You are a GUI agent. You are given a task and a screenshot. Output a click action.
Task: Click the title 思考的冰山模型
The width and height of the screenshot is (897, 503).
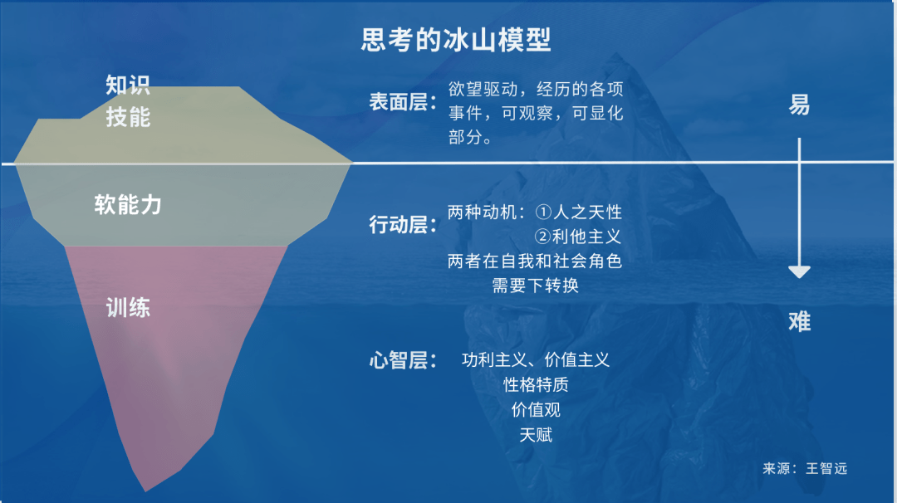[x=456, y=39]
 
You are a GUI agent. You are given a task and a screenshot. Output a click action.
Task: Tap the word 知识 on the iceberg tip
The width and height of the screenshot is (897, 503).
[x=128, y=85]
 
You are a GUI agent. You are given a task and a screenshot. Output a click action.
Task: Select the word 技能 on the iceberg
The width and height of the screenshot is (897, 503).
[x=128, y=117]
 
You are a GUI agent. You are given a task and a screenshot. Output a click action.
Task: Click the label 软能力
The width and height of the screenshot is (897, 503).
[x=128, y=204]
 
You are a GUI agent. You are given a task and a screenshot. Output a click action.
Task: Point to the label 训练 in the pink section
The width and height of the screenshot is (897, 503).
[x=128, y=308]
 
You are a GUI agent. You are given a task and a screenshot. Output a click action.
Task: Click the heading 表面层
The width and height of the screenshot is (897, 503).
[x=398, y=102]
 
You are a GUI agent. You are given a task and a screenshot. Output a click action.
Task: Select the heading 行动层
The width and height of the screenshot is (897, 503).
[x=398, y=224]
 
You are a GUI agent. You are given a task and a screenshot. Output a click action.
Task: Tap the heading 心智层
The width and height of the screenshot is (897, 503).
[x=398, y=360]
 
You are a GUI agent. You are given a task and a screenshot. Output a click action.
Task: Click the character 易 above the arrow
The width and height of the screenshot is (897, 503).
[x=799, y=105]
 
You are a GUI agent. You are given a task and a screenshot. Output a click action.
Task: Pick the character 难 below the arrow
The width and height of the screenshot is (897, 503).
[x=799, y=321]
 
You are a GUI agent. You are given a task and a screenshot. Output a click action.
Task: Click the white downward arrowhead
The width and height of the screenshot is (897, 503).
[x=799, y=271]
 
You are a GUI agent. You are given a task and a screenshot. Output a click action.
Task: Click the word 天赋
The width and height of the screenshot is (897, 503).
[x=536, y=434]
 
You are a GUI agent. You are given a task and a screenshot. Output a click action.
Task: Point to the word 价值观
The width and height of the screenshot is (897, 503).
[x=536, y=409]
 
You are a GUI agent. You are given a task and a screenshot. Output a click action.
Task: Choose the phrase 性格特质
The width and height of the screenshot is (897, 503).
[x=536, y=384]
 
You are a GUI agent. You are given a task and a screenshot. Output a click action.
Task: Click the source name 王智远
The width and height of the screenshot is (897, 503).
[x=826, y=468]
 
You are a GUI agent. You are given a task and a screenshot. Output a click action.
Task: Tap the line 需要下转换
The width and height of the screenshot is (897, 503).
[x=536, y=286]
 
